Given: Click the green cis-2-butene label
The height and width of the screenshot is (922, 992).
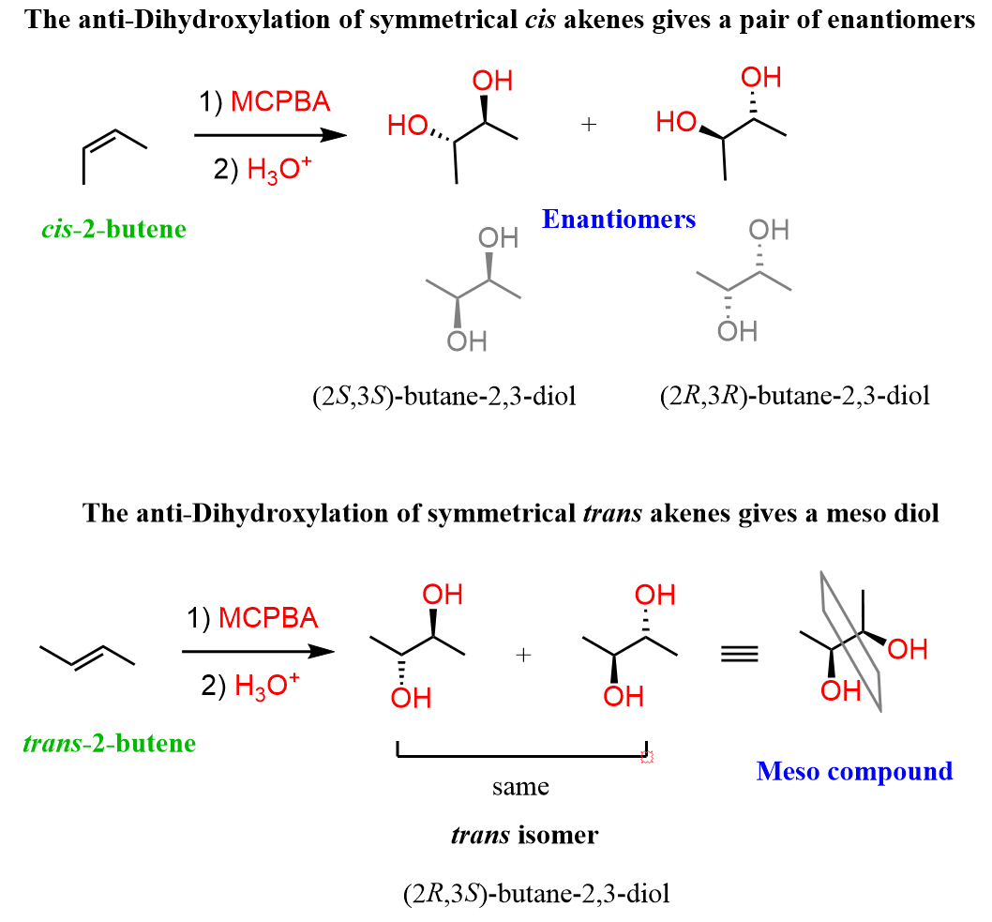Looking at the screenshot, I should click(113, 229).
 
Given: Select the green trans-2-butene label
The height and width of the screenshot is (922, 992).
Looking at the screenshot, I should click(108, 744).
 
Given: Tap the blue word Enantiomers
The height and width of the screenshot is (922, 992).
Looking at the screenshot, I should click(619, 219).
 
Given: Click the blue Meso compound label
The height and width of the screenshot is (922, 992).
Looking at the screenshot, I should click(854, 771).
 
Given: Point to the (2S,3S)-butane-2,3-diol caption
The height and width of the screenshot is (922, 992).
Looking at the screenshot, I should click(443, 396).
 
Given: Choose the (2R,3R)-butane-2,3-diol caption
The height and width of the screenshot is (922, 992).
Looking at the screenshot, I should click(794, 396).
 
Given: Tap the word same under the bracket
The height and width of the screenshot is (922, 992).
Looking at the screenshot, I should click(520, 787).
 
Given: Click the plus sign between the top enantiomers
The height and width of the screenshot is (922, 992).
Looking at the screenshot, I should click(589, 125).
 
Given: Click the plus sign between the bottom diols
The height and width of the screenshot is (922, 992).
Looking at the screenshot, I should click(523, 656).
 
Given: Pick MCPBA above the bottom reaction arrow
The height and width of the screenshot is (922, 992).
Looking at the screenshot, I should click(268, 619).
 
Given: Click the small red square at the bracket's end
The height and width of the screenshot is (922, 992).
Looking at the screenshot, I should click(646, 756).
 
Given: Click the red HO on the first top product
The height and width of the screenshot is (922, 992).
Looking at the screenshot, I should click(408, 126).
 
